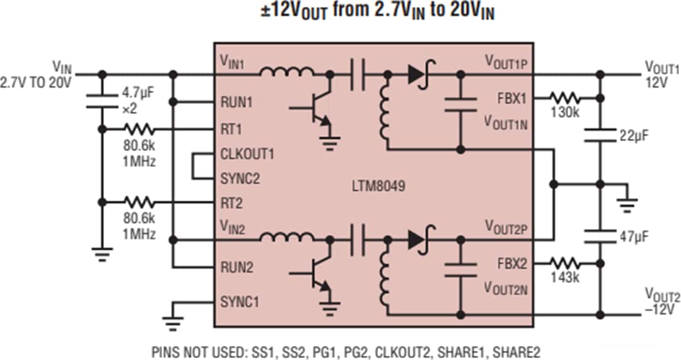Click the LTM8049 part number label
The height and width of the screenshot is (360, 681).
pos(378,187)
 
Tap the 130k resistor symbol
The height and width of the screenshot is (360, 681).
pos(565,98)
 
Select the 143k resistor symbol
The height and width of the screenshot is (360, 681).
pos(565,262)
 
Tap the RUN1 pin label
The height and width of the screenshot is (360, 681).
pos(236,102)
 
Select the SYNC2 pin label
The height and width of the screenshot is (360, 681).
pos(240,178)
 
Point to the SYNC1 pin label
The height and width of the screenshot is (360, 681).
pos(240,301)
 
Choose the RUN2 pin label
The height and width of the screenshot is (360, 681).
pos(236,267)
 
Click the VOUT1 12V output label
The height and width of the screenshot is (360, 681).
pos(661,74)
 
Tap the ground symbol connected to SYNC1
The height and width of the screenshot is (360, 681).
pos(171,322)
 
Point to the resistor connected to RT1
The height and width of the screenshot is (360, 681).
pos(138,129)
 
